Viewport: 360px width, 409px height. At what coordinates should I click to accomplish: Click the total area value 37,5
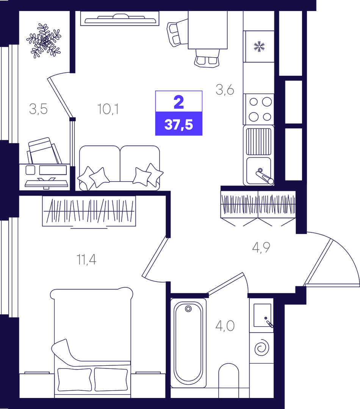coord(178,125)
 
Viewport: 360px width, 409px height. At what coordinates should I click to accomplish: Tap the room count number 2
coord(179,102)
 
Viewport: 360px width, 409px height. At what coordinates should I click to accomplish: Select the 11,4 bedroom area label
coord(86,260)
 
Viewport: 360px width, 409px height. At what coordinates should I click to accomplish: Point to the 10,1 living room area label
coord(108,109)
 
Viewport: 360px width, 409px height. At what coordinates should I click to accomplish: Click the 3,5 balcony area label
coord(38,109)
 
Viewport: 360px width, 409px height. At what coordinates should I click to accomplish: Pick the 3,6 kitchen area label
coord(225,90)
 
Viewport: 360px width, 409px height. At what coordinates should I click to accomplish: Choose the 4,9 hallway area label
coord(261,247)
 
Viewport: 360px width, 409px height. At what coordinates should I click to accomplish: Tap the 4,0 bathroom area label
coord(225,326)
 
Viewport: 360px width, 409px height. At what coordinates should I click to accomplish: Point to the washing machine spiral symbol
coord(261,348)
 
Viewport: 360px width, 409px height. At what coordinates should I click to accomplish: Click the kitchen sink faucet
coord(265,176)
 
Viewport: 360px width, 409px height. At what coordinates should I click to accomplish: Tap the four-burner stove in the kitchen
coord(258,109)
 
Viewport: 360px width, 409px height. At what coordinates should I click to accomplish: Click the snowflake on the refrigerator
coord(259,46)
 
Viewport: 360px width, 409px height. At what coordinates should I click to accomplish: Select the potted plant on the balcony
coord(44,41)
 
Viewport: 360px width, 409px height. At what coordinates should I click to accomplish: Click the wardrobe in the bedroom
coord(89,211)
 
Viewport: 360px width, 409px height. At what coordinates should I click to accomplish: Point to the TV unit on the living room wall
coord(120,19)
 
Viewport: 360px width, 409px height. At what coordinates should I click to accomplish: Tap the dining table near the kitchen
coord(208,30)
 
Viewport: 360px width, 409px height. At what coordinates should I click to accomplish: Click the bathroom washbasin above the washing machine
coord(262,315)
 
